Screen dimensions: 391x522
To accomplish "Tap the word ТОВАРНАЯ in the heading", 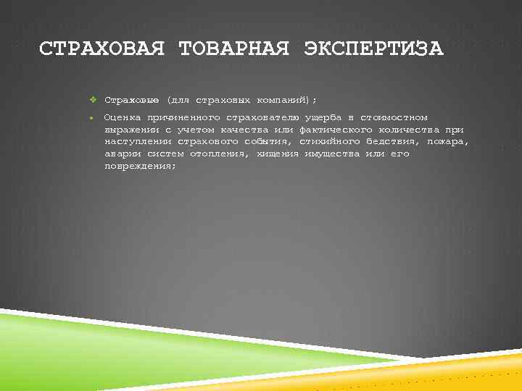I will pos(233,49).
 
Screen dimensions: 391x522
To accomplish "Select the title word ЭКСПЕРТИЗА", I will pos(373,49).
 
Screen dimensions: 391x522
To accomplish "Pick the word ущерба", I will pos(323,117).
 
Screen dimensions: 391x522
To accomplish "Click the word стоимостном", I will pos(394,117).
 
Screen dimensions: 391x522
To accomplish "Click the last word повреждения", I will pos(140,166).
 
